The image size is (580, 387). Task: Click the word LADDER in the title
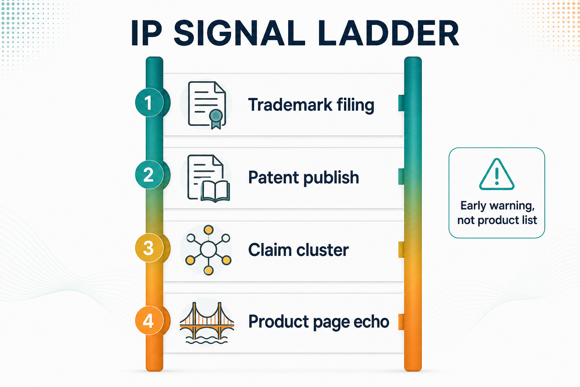click(x=389, y=33)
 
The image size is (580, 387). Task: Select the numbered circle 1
click(x=150, y=102)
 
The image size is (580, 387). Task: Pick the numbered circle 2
click(x=150, y=175)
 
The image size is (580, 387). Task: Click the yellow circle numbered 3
click(x=150, y=248)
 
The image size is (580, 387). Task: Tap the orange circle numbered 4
click(x=150, y=320)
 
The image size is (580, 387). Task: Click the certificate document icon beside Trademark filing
click(x=207, y=105)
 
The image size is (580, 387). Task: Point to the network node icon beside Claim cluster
click(x=208, y=250)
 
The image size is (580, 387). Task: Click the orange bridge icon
click(x=207, y=323)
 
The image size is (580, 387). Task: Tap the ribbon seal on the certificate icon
click(x=216, y=119)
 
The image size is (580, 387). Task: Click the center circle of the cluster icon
click(x=208, y=249)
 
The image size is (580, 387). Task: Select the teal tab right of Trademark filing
click(x=401, y=103)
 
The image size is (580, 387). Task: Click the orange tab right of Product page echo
click(x=401, y=322)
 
